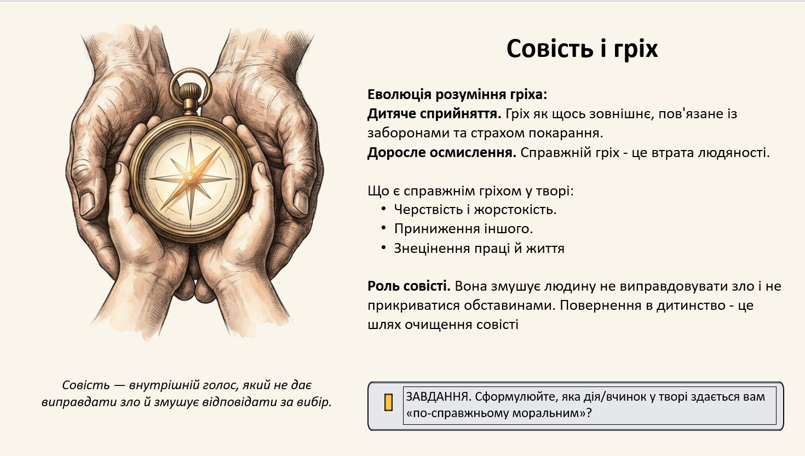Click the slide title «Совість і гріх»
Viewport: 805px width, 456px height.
pyautogui.click(x=582, y=49)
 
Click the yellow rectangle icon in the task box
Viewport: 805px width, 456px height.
pyautogui.click(x=388, y=402)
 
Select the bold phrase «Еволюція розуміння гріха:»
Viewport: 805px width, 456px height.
pyautogui.click(x=457, y=95)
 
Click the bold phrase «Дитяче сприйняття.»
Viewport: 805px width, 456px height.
pyautogui.click(x=434, y=114)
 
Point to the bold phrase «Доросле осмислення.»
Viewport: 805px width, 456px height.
pyautogui.click(x=442, y=153)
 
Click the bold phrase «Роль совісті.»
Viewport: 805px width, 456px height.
pyautogui.click(x=409, y=286)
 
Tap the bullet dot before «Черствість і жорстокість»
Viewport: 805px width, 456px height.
pyautogui.click(x=384, y=209)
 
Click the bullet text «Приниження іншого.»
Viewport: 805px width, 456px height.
pyautogui.click(x=464, y=229)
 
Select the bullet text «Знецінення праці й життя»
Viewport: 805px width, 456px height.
pyautogui.click(x=479, y=249)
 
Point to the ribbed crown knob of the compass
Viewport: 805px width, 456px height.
pyautogui.click(x=190, y=93)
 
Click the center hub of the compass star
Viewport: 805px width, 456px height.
pyautogui.click(x=189, y=178)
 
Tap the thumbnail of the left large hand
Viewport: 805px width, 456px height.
pyautogui.click(x=87, y=204)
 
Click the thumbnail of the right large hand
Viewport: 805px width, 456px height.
pyautogui.click(x=301, y=203)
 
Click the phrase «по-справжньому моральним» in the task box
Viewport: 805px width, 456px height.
pyautogui.click(x=497, y=413)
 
